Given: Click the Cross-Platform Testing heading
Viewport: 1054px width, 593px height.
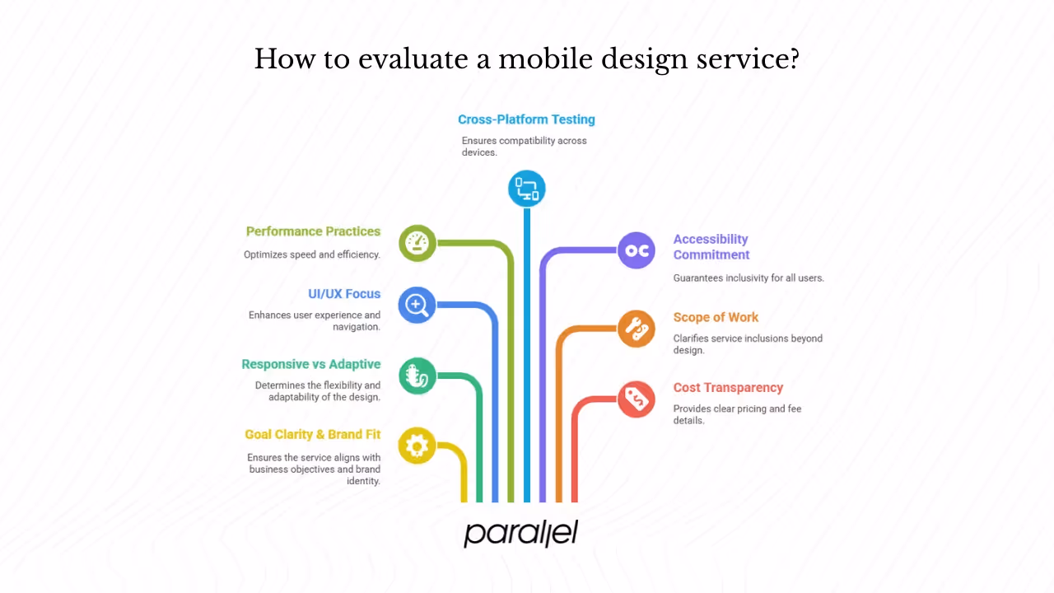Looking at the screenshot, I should click(x=526, y=119).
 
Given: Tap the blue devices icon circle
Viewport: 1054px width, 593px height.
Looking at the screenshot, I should click(x=527, y=189).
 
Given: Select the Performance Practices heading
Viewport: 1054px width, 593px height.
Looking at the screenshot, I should click(x=313, y=231).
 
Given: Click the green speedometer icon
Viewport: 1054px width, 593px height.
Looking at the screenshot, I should click(x=417, y=243).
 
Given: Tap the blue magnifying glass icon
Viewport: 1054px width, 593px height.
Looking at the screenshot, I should click(x=417, y=305).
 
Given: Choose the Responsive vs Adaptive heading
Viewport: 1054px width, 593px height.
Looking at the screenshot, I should click(x=310, y=364).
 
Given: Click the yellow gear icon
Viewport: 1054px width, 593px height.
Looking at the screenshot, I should click(x=417, y=446).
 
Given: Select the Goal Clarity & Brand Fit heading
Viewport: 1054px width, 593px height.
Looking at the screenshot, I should click(x=312, y=434).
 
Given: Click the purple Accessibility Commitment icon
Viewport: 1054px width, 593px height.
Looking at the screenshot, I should click(x=637, y=250).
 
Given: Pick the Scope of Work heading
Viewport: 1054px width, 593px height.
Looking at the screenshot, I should click(x=716, y=317).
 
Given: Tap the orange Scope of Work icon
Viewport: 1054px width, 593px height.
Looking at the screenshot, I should click(x=637, y=329).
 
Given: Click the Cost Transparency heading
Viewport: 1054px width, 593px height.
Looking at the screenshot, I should click(x=728, y=387).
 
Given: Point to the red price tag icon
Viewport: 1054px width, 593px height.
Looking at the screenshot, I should click(x=637, y=399).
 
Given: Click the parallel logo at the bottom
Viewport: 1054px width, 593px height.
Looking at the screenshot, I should click(x=520, y=533).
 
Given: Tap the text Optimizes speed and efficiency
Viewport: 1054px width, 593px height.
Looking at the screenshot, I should click(x=312, y=254).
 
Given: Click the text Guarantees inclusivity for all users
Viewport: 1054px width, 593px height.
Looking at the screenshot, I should click(x=749, y=278).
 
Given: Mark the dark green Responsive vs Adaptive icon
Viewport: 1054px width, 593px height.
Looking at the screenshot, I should click(x=417, y=376).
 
